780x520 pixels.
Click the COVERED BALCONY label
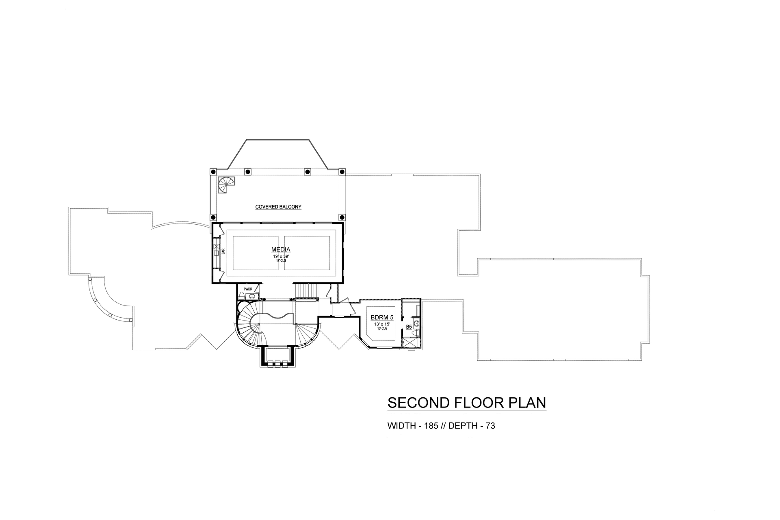point(278,207)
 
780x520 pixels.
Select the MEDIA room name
point(281,249)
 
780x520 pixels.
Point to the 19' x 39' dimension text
point(281,256)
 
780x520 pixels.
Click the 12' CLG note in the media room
point(281,261)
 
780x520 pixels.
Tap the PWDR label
point(248,289)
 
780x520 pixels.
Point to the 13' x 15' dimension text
point(381,324)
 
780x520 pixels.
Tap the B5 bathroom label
point(409,327)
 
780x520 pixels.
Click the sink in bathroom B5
point(417,324)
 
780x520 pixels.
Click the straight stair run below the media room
point(307,290)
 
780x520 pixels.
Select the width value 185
point(431,426)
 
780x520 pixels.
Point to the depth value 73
point(490,426)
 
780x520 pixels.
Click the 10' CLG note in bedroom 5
point(381,329)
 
